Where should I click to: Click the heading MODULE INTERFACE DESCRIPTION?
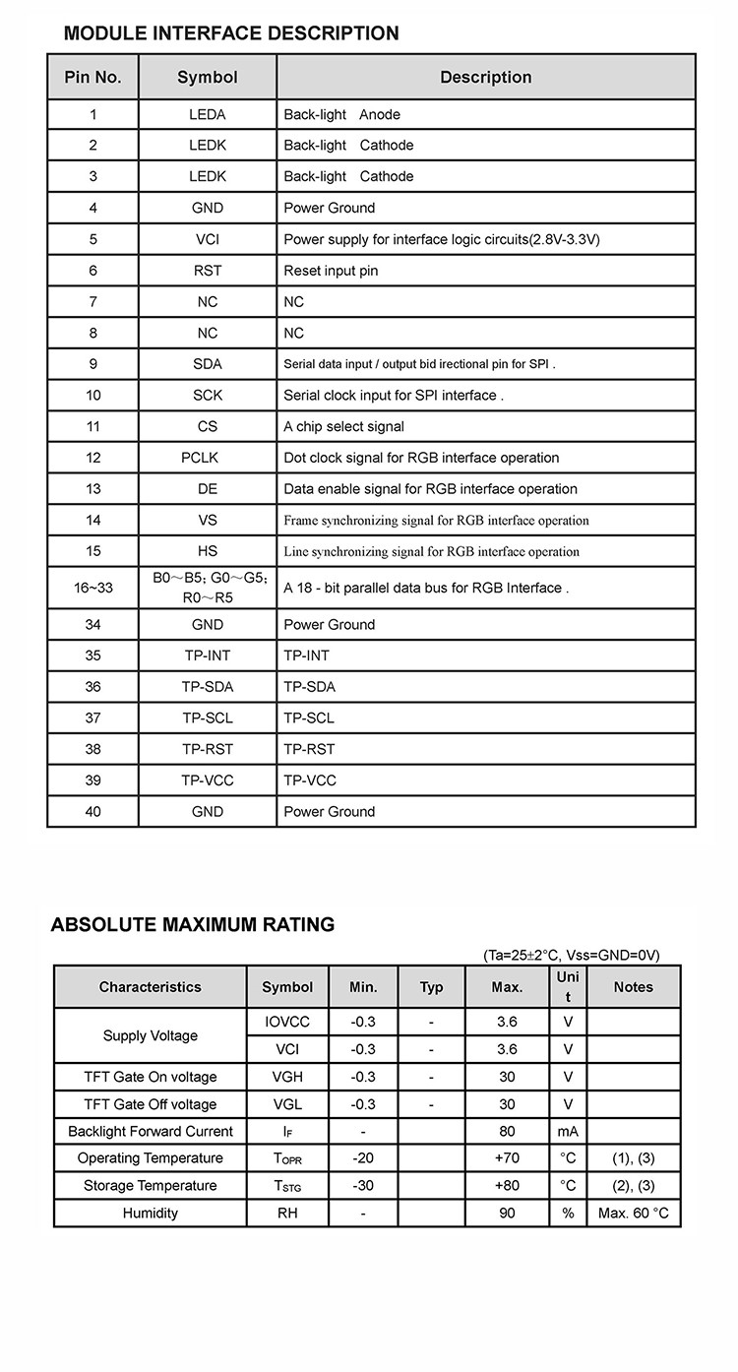pyautogui.click(x=231, y=33)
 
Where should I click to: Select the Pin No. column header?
pyautogui.click(x=93, y=77)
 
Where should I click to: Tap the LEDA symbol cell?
pyautogui.click(x=208, y=114)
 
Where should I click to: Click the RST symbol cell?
pyautogui.click(x=208, y=271)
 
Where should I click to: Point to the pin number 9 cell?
pyautogui.click(x=93, y=364)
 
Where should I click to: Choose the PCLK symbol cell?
pyautogui.click(x=208, y=458)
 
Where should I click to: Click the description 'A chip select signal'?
pyautogui.click(x=343, y=426)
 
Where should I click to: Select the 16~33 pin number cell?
pyautogui.click(x=93, y=588)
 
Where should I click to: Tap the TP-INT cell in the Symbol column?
pyautogui.click(x=208, y=655)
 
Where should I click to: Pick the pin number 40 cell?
pyautogui.click(x=93, y=812)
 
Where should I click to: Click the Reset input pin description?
pyautogui.click(x=331, y=271)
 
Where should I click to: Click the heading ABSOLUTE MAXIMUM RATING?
pyautogui.click(x=193, y=925)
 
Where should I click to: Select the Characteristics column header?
pyautogui.click(x=150, y=987)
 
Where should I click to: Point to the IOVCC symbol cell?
pyautogui.click(x=287, y=1022)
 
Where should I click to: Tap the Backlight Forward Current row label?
pyautogui.click(x=151, y=1132)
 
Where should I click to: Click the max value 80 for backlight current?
pyautogui.click(x=507, y=1132)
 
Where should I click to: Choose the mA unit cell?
pyautogui.click(x=568, y=1132)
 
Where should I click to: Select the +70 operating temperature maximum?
pyautogui.click(x=507, y=1158)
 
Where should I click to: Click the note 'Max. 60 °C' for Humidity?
pyautogui.click(x=633, y=1214)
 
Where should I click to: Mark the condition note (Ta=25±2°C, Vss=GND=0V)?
pyautogui.click(x=572, y=955)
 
